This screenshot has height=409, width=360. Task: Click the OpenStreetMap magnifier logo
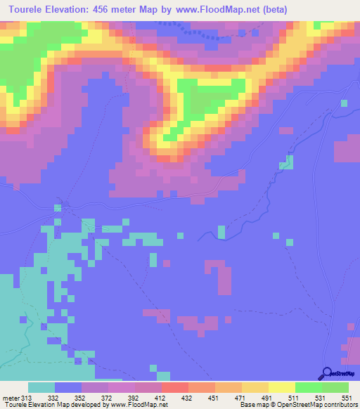[x=328, y=373]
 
